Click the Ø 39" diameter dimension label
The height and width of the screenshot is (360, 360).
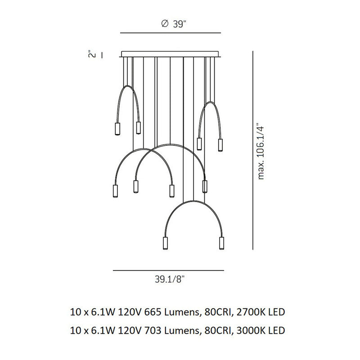[x=173, y=24]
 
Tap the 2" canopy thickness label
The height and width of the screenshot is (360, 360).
[x=92, y=55]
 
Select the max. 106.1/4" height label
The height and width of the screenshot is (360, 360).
[x=261, y=153]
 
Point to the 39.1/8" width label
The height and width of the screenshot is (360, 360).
[x=170, y=279]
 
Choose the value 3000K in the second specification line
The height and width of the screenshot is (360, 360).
[x=248, y=330]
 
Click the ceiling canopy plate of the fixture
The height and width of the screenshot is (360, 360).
[x=171, y=54]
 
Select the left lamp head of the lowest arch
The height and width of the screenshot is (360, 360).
[x=165, y=243]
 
